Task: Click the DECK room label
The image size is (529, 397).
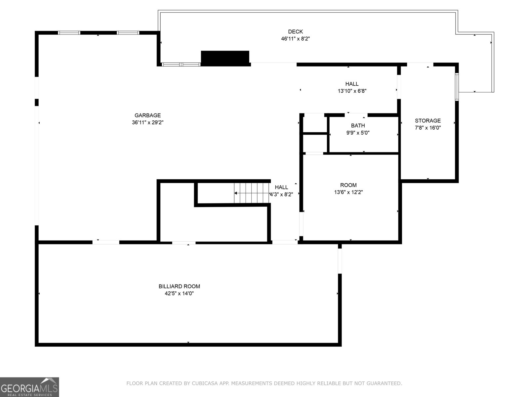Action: click(296, 31)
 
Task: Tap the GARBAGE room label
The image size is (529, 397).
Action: click(147, 115)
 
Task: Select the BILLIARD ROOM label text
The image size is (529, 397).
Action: click(179, 287)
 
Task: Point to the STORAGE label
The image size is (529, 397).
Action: click(428, 121)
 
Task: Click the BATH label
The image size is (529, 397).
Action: click(358, 126)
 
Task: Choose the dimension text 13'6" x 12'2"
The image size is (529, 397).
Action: click(348, 192)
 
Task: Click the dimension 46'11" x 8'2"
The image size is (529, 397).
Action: click(296, 39)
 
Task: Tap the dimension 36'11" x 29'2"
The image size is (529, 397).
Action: click(147, 122)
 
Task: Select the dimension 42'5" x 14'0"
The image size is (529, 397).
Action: click(179, 293)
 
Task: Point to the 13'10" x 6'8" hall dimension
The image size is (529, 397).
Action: click(352, 91)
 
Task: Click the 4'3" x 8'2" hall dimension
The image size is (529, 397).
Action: click(281, 194)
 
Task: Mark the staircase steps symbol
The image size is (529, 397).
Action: click(252, 193)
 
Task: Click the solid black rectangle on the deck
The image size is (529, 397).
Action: click(225, 58)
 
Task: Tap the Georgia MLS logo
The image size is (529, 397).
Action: click(29, 387)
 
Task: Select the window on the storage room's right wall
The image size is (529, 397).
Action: click(457, 87)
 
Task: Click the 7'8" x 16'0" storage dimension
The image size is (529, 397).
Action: click(428, 128)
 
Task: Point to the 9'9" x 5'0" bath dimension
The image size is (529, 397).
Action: click(358, 133)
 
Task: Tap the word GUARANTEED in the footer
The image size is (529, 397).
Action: click(385, 383)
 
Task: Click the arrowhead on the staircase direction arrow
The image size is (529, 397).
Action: click(236, 193)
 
